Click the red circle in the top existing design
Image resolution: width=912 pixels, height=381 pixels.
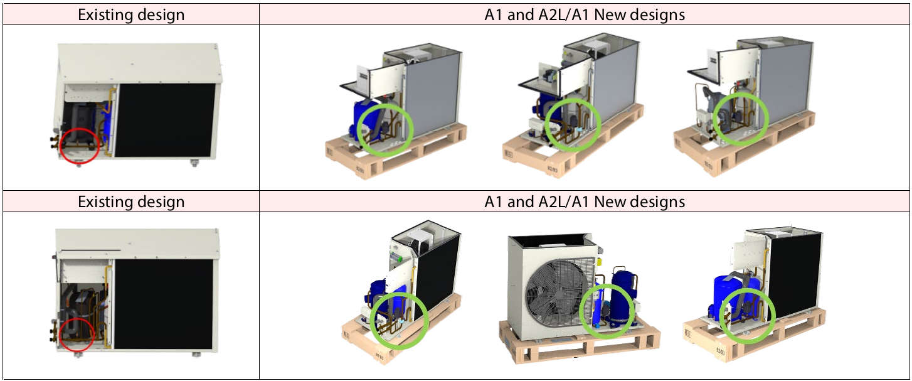pyautogui.click(x=80, y=144)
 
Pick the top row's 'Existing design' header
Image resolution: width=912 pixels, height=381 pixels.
pyautogui.click(x=131, y=14)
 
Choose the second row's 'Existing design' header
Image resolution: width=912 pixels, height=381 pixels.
pyautogui.click(x=131, y=201)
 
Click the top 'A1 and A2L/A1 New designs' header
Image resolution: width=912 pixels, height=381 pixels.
pyautogui.click(x=585, y=14)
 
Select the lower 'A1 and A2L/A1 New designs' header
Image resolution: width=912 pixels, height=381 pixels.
pyautogui.click(x=585, y=201)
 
